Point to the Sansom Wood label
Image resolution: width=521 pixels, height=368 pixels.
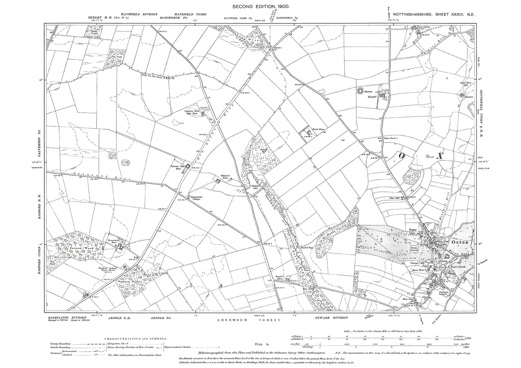click(74, 249)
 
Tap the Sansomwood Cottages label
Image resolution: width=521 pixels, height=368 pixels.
click(199, 199)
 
